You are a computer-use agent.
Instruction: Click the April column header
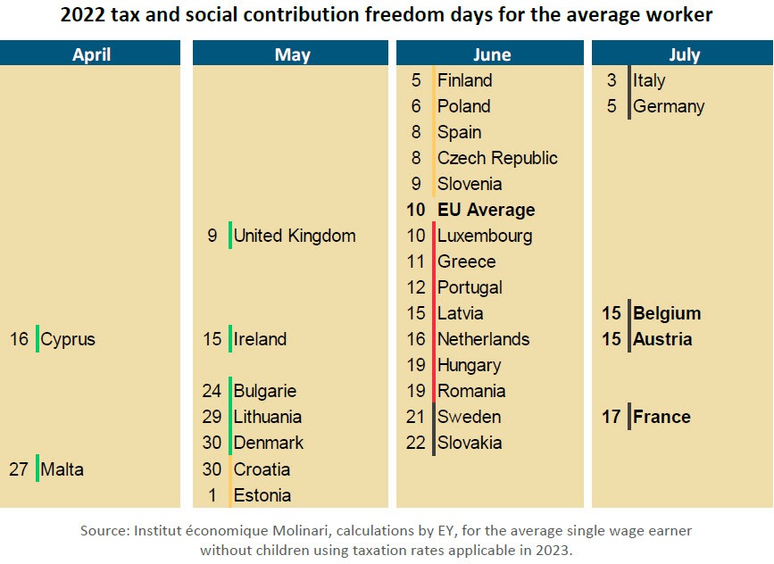(x=91, y=54)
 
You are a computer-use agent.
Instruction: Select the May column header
(x=292, y=54)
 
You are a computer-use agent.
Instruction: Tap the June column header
(x=492, y=54)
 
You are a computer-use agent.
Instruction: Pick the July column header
(x=684, y=54)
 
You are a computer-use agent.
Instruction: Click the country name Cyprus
(x=68, y=339)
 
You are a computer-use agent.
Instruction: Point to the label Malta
(x=62, y=469)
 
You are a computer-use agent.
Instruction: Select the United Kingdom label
(x=295, y=236)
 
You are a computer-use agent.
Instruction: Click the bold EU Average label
(x=487, y=210)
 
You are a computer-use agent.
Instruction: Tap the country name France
(x=662, y=417)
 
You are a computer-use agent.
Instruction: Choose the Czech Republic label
(x=497, y=158)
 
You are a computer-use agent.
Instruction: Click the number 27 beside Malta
(x=20, y=469)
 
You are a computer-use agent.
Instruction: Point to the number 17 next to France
(x=611, y=417)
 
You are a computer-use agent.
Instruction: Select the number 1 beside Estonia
(x=212, y=494)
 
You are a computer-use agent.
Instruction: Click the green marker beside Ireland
(x=230, y=339)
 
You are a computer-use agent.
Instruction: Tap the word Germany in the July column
(x=669, y=106)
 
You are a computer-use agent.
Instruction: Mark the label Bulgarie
(x=265, y=391)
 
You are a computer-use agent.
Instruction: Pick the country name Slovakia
(x=470, y=443)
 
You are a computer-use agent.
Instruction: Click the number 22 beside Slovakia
(x=416, y=443)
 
